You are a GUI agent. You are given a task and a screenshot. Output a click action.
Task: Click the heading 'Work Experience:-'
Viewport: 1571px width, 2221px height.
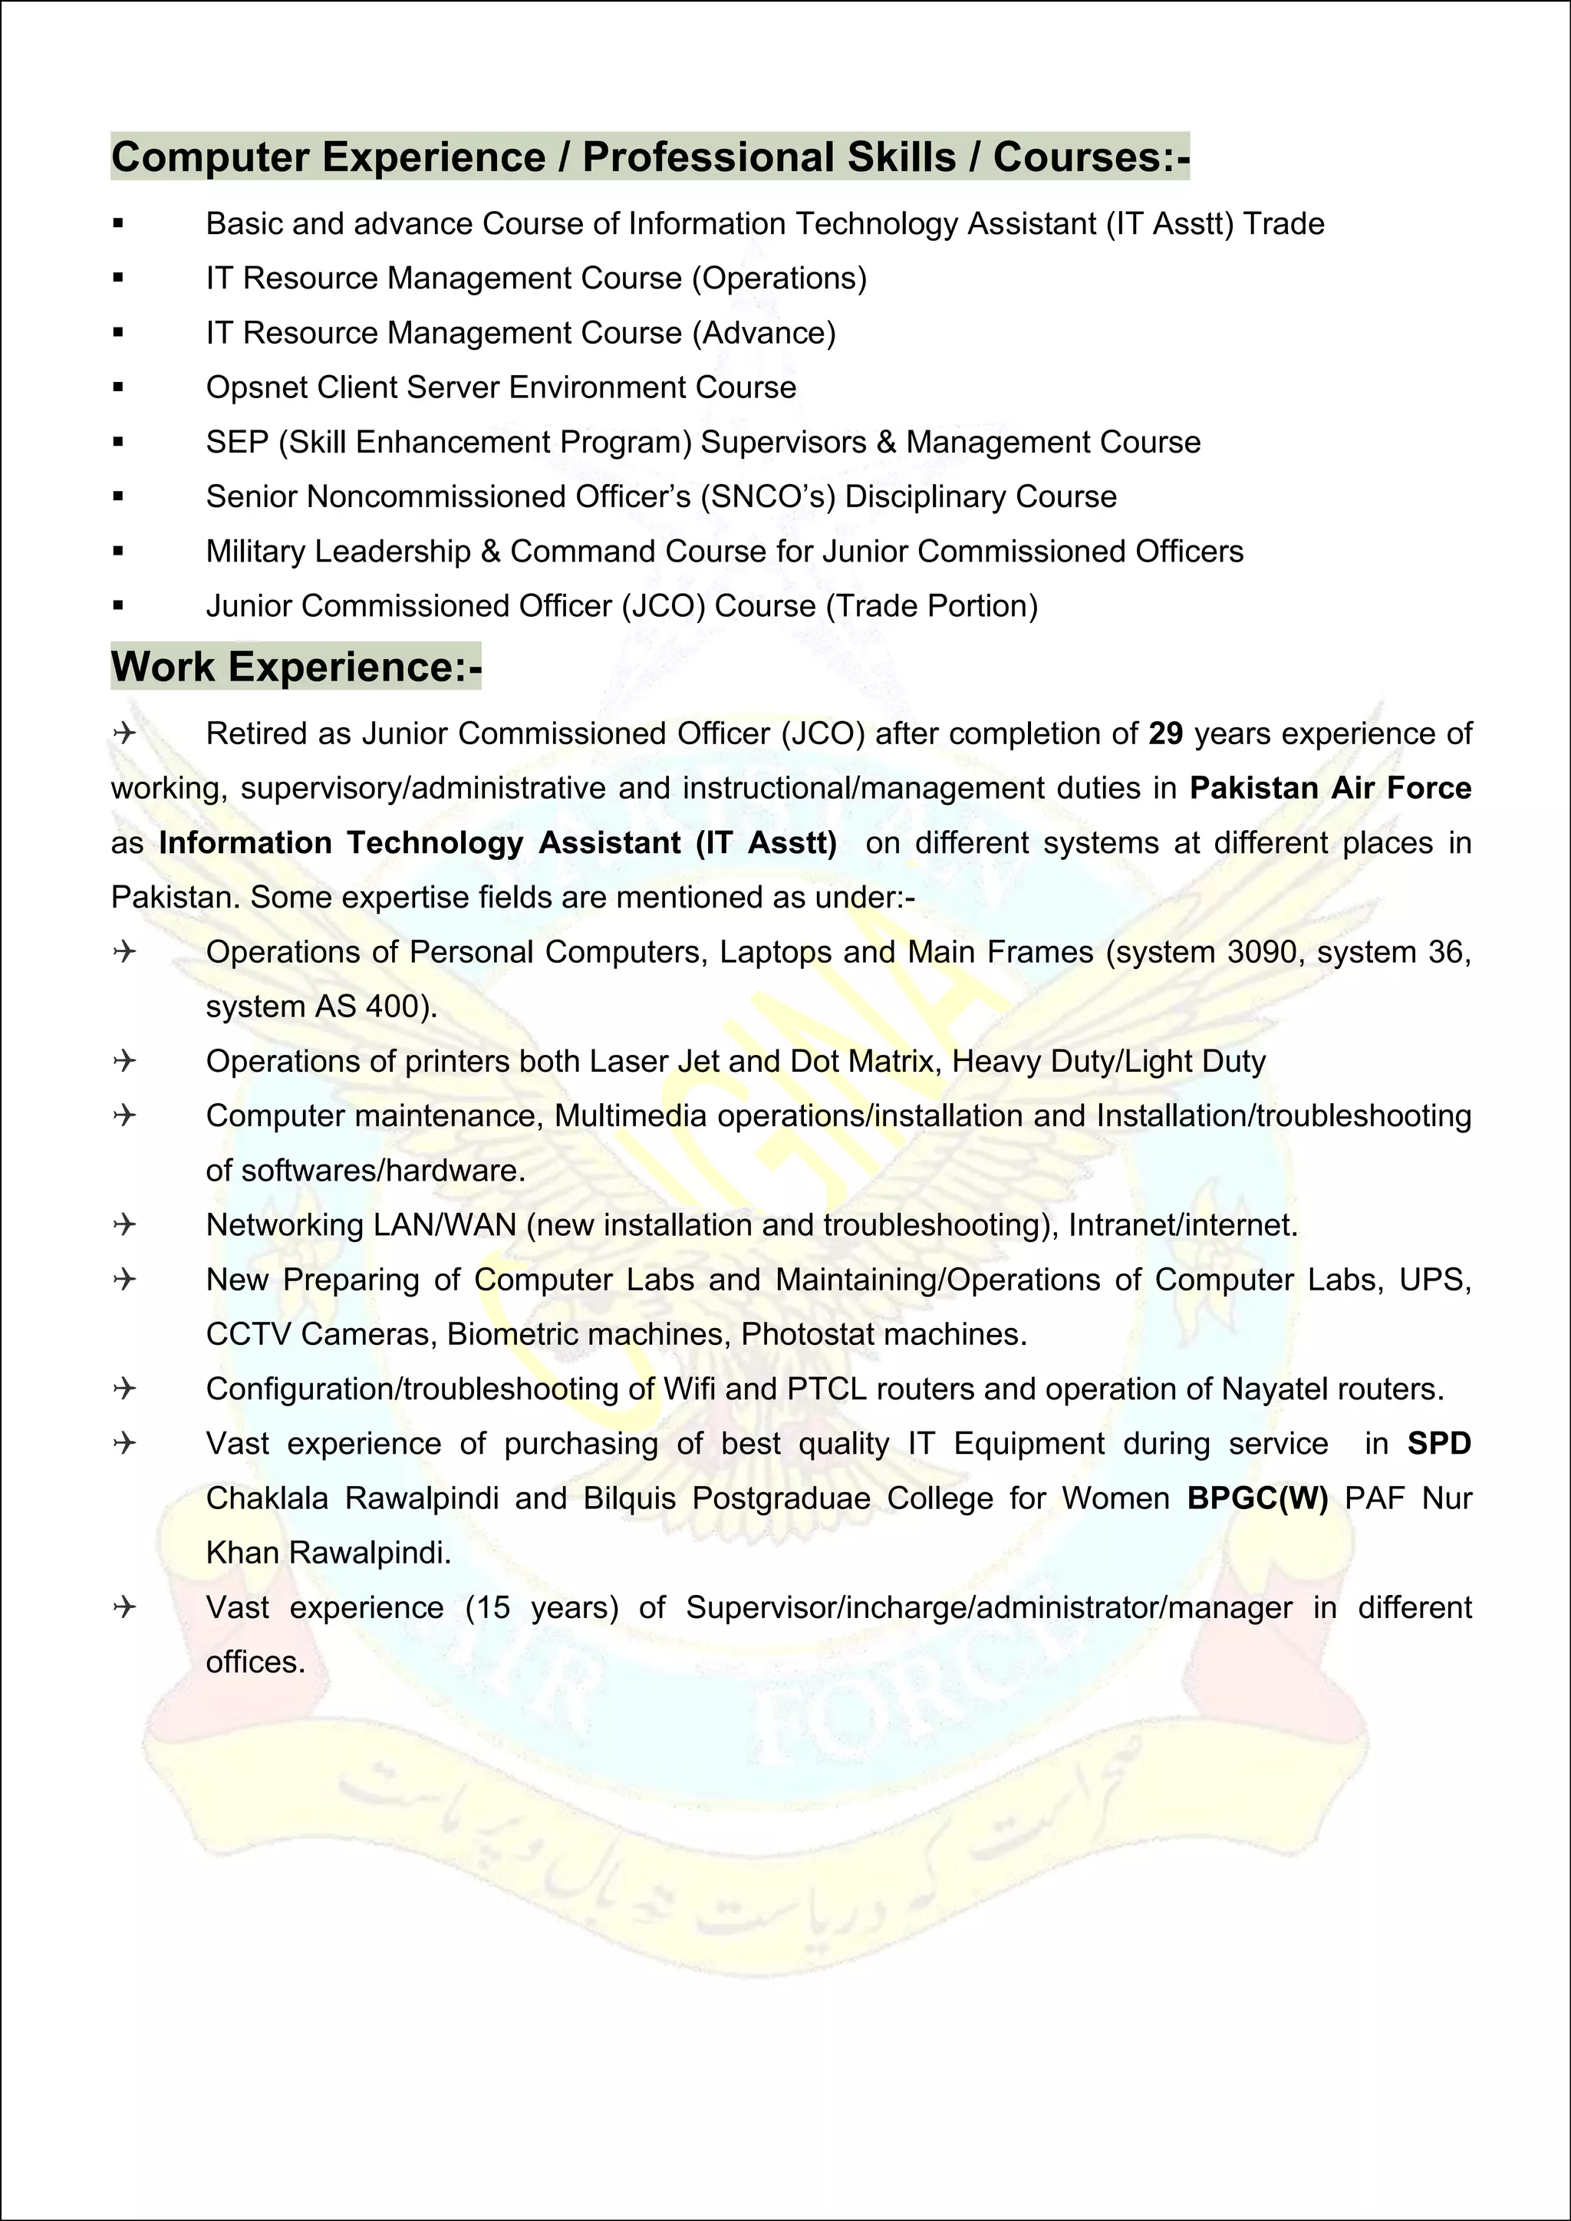pos(296,667)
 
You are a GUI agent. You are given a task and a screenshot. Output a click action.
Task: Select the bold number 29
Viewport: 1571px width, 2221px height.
pos(1166,733)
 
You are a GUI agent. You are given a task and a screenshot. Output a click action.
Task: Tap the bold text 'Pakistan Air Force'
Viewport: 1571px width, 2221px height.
pos(1330,787)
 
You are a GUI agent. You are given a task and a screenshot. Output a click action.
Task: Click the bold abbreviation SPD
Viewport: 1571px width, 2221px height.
pos(1438,1443)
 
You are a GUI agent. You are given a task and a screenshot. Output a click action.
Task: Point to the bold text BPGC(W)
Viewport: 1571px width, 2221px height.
pos(1257,1498)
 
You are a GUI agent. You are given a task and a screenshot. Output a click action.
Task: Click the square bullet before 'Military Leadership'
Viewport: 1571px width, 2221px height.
pos(118,552)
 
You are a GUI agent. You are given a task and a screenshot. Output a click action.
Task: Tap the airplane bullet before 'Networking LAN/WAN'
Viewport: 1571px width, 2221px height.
pos(124,1224)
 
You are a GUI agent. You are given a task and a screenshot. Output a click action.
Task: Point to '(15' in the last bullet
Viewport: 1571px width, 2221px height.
pos(488,1606)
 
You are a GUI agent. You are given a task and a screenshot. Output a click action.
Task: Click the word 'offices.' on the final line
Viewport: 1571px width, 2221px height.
pos(255,1662)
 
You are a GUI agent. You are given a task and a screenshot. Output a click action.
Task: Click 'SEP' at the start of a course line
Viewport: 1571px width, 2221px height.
pos(237,442)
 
